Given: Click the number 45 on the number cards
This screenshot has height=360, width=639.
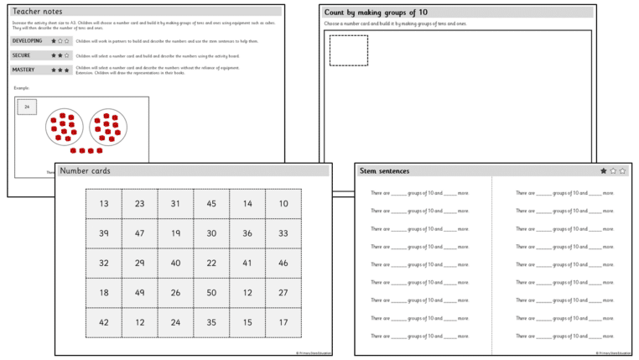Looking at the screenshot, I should point(211,204).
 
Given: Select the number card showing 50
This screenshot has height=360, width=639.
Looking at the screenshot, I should point(211,293).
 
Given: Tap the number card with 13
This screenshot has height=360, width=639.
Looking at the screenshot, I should point(103,204).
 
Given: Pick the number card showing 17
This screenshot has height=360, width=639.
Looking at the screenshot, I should point(283,322).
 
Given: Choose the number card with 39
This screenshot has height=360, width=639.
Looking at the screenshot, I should point(103,233).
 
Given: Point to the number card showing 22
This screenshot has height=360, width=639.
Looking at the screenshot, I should point(211,263).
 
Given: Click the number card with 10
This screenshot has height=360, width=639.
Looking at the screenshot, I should point(283,204).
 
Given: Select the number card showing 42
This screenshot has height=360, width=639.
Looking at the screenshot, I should point(103,322).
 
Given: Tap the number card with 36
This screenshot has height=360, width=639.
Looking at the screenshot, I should point(247,233).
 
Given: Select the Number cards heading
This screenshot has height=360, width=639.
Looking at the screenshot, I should point(85,170).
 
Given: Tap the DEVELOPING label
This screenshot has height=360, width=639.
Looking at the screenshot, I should point(28,40).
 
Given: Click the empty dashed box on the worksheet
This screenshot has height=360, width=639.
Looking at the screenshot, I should point(348,50).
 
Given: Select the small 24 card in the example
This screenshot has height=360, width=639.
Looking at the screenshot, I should point(27,107).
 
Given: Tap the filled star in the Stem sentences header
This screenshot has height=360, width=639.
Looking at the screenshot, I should point(604,171).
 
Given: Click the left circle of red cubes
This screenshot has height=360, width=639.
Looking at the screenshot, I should point(64,127).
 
